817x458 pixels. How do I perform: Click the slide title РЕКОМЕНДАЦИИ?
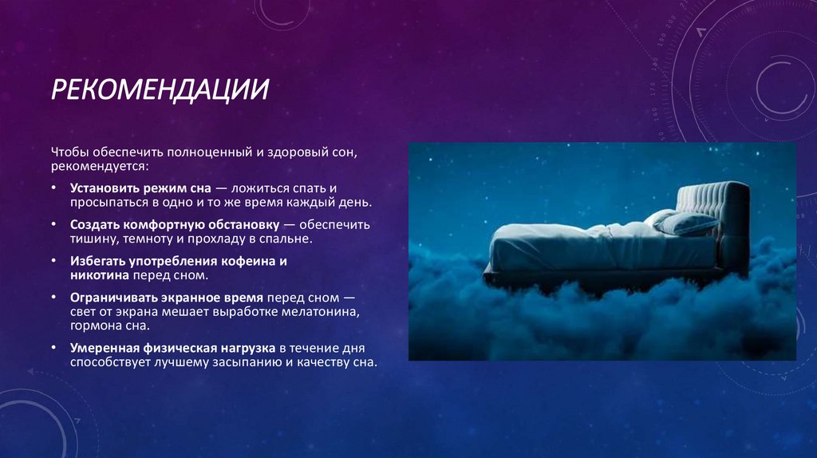[160, 89]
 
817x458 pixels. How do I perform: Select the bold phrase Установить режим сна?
[140, 188]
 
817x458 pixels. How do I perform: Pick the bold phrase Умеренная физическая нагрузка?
[172, 348]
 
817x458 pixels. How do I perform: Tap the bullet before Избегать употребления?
[53, 261]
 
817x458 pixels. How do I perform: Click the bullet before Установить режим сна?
[53, 188]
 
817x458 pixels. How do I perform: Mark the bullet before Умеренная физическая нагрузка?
[53, 348]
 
